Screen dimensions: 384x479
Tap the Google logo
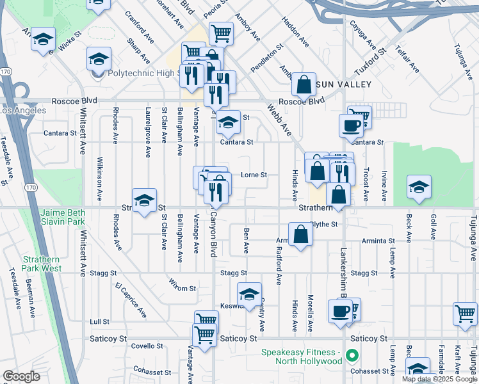(20, 376)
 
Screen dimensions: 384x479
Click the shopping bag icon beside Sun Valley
(304, 84)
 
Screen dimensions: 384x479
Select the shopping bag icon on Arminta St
(300, 235)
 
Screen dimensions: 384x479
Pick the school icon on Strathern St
(145, 200)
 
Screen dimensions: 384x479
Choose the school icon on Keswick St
(249, 294)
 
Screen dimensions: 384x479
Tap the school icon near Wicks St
(43, 39)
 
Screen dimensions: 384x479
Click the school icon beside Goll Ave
(419, 188)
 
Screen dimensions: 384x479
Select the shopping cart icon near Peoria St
(220, 32)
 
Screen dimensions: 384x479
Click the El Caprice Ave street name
(131, 300)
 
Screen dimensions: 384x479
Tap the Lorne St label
(253, 175)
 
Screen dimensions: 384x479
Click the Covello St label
(147, 346)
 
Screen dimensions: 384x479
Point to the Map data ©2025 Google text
(439, 378)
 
